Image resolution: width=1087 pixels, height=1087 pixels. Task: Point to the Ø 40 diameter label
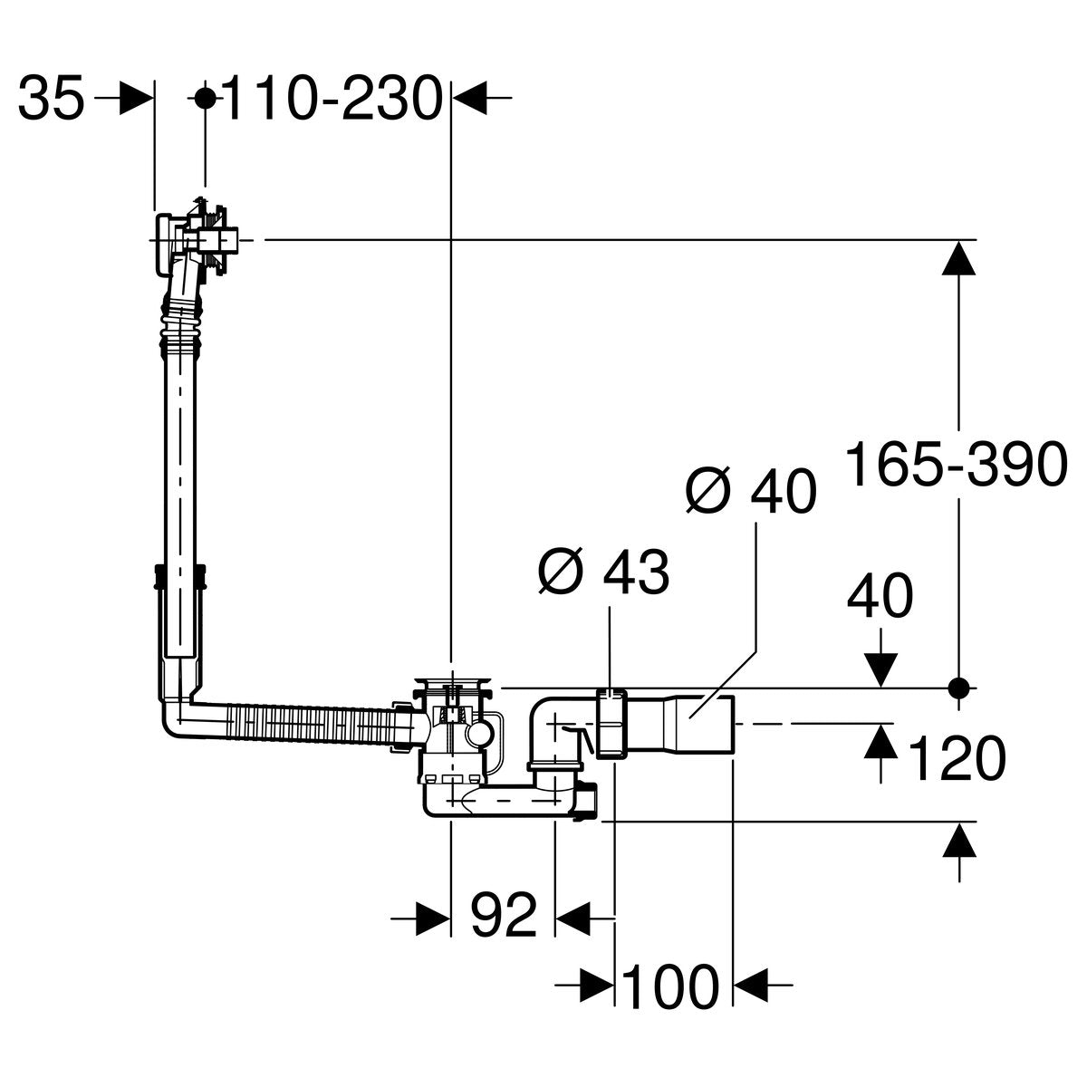[751, 492]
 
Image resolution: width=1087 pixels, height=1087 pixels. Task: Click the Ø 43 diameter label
[603, 572]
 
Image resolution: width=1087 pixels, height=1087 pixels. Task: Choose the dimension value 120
[956, 758]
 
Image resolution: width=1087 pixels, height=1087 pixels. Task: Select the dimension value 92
[503, 919]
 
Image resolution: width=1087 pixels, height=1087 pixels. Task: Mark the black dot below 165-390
[960, 688]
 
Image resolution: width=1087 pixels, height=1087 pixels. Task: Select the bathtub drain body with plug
[452, 725]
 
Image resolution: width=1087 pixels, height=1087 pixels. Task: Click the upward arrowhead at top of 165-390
[960, 261]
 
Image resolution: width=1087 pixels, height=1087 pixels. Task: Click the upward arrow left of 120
[878, 743]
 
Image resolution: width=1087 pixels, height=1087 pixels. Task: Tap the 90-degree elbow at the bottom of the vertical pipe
[177, 716]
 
